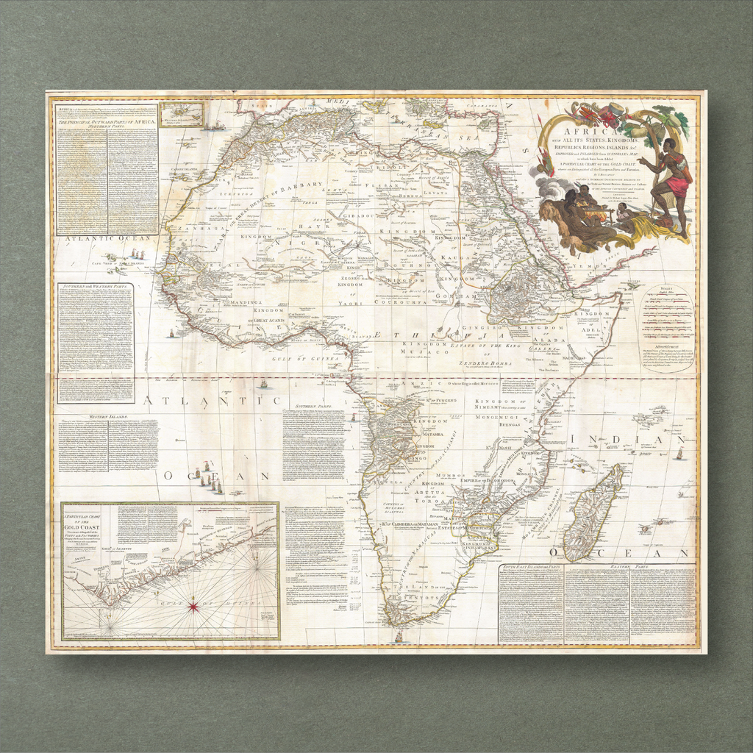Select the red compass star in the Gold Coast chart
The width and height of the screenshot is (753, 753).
(x=193, y=607)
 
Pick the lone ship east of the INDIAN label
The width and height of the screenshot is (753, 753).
(x=679, y=453)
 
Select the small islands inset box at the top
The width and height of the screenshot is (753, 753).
(x=182, y=114)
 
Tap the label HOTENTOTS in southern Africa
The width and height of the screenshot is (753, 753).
(x=418, y=599)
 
